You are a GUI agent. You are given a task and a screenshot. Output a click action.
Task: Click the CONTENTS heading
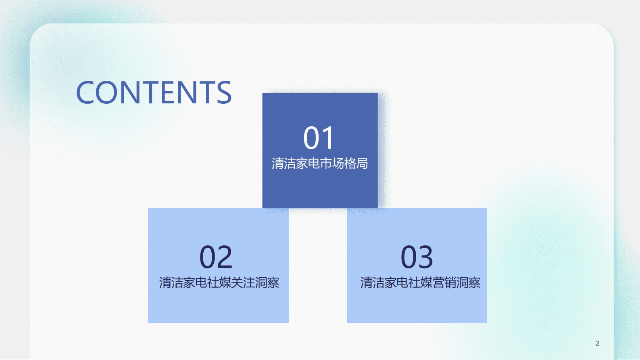pos(154,92)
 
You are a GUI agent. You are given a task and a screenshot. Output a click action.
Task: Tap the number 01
pos(319,138)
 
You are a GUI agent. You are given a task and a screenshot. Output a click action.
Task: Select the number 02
pos(216,257)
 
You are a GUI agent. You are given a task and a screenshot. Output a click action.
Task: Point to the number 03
pos(417,257)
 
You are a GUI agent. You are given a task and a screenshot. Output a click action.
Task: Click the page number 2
pos(597,343)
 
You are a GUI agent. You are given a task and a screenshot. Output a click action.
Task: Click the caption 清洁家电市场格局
pos(320,163)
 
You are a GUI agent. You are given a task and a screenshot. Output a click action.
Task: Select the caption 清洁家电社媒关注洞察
pos(219,283)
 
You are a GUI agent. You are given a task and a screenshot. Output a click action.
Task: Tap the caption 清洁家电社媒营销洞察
pos(420,283)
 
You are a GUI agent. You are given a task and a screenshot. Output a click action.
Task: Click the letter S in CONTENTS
pos(223,92)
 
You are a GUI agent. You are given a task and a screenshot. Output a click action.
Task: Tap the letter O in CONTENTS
pos(108,92)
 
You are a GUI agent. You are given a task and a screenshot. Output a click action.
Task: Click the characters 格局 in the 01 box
pos(356,163)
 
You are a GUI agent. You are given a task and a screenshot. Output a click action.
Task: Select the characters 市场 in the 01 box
pos(332,163)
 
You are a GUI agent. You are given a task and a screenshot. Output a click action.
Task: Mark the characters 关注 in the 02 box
pos(243,283)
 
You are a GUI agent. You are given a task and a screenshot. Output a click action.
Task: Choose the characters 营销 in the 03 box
pos(444,283)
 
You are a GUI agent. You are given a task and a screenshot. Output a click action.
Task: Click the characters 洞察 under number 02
pos(267,283)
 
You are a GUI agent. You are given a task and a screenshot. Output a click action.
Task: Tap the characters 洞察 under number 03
pos(468,283)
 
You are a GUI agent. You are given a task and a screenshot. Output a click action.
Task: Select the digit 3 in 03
pos(425,257)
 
